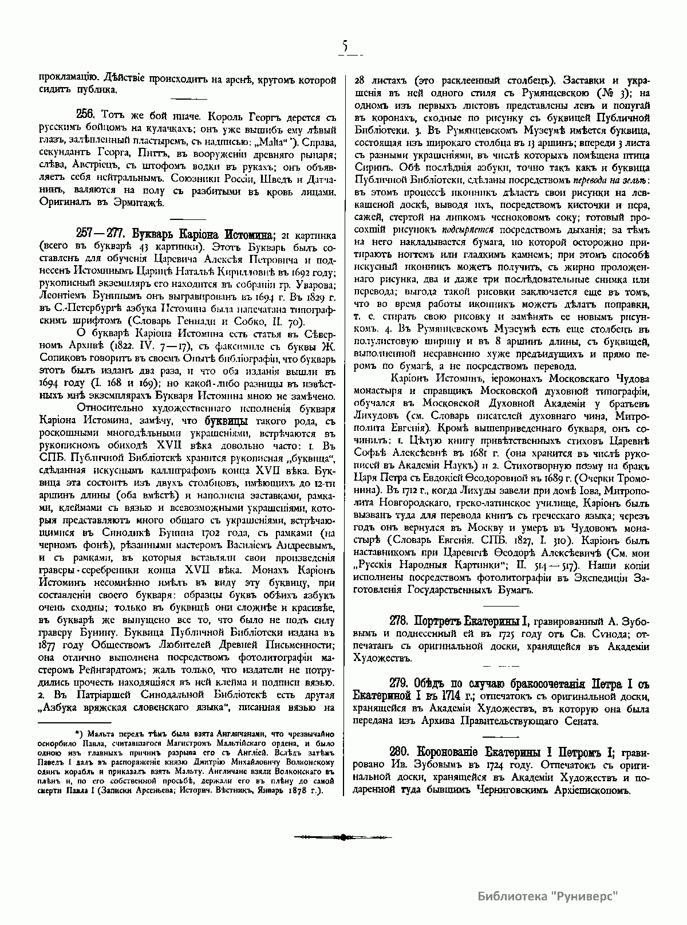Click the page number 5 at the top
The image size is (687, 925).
click(x=344, y=47)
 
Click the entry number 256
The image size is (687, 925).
click(x=86, y=113)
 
